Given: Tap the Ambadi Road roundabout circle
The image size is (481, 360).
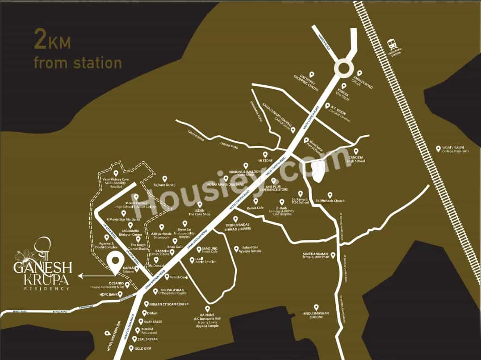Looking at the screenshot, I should tap(344, 69).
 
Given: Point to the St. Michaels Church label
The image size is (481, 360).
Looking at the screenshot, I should tap(330, 201).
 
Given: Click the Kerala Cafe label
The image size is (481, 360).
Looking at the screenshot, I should tap(255, 208).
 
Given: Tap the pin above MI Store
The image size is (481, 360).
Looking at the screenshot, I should tap(265, 154).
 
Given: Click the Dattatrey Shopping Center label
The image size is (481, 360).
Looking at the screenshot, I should tap(306, 83).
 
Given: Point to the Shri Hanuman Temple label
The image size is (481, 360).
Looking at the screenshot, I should tap(316, 255).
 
